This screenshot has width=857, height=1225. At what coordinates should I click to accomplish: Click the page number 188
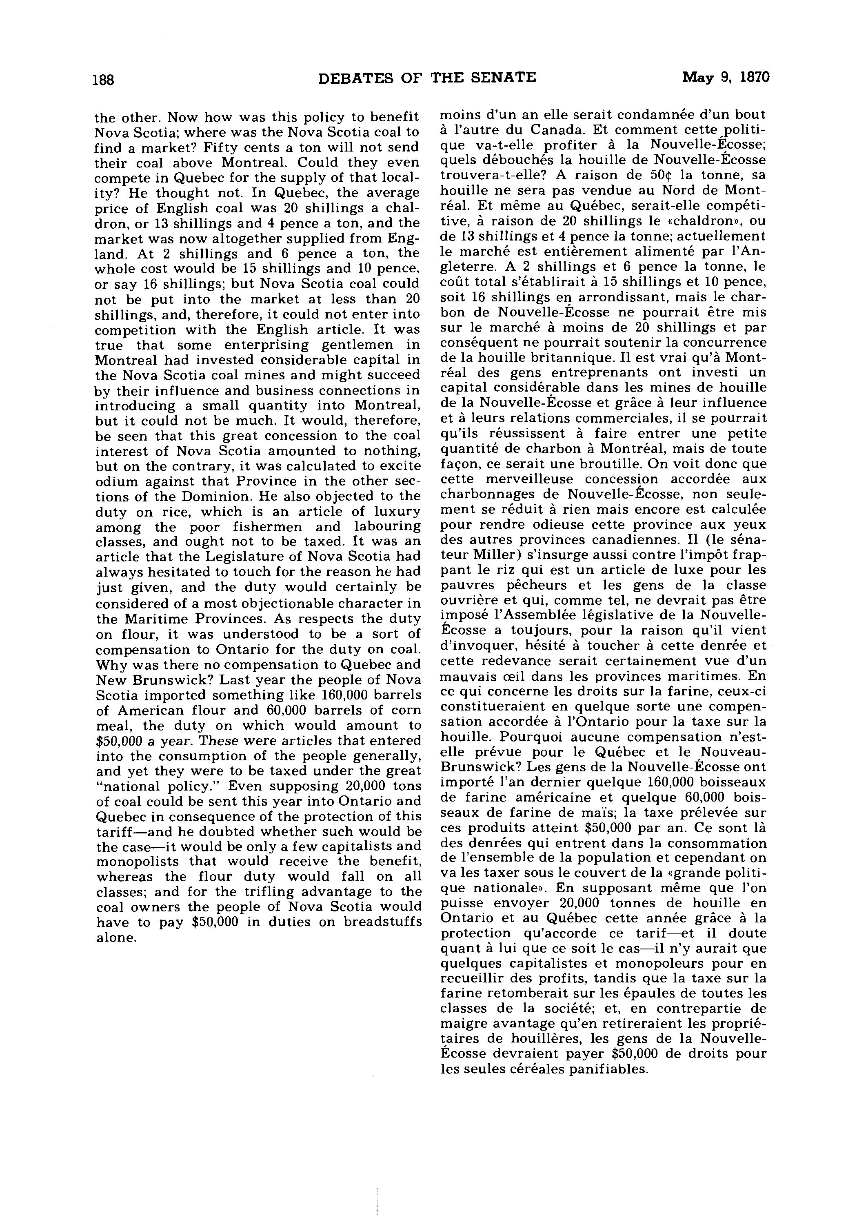(103, 80)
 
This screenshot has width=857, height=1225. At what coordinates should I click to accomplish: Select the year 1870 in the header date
(754, 78)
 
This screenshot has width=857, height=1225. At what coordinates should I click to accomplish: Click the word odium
(113, 482)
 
